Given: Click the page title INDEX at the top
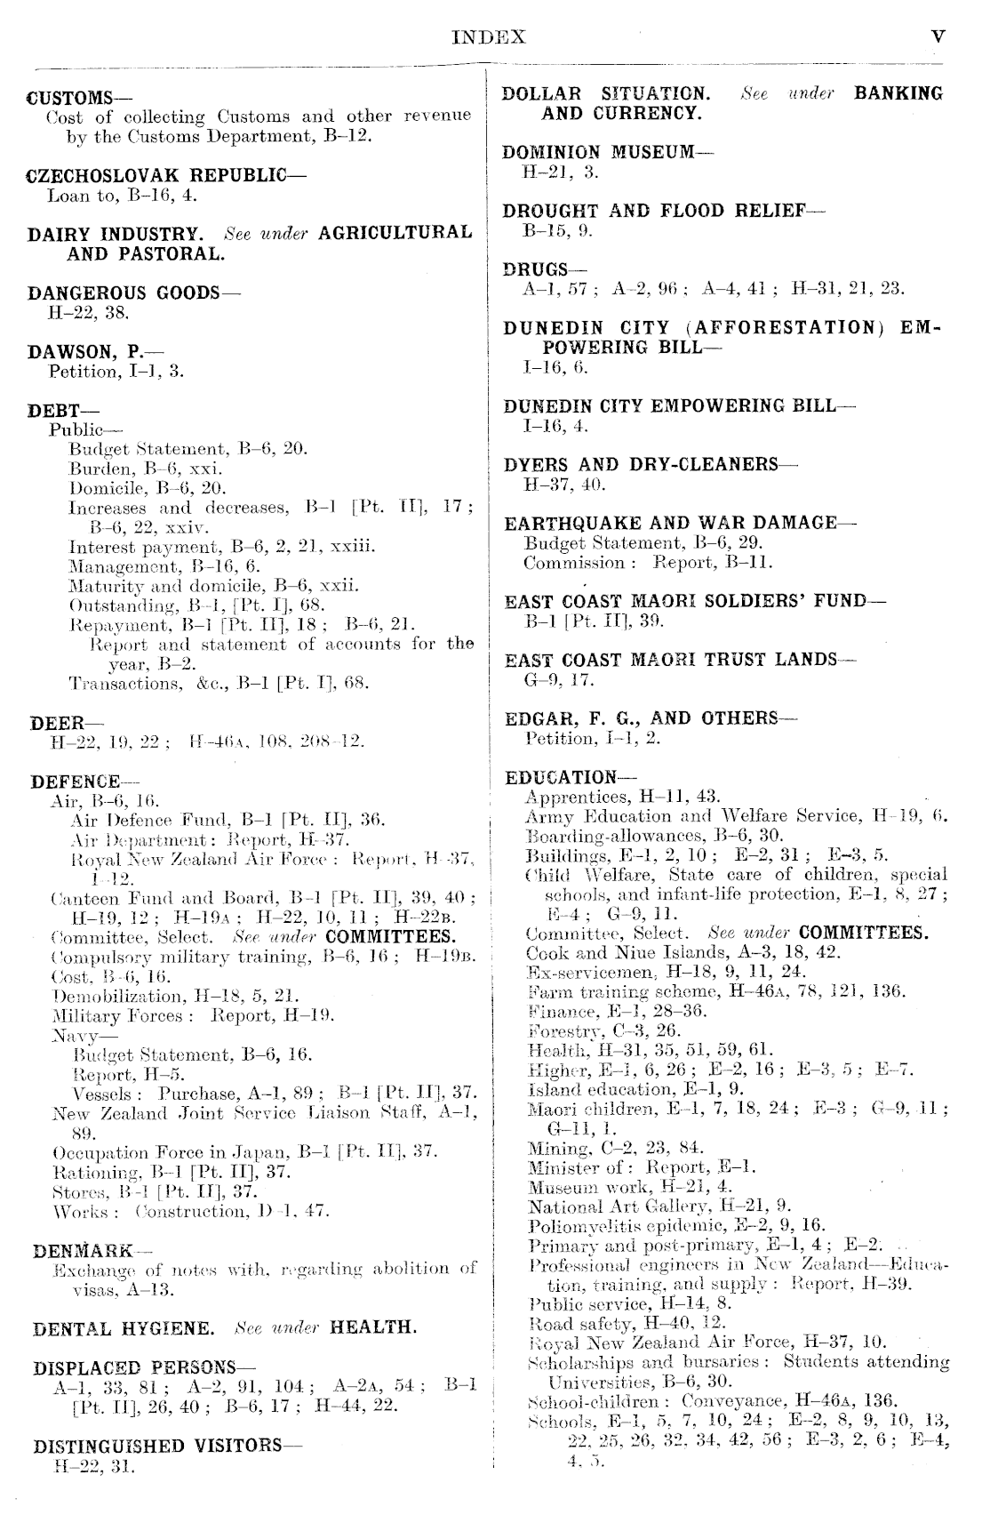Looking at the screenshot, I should coord(489,37).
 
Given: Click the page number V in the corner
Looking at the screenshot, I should coord(938,37).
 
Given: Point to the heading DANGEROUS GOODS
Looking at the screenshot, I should coord(124,293).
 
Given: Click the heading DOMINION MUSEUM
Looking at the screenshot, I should coord(600,152).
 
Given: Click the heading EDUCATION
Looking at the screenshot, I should coord(562,778).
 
